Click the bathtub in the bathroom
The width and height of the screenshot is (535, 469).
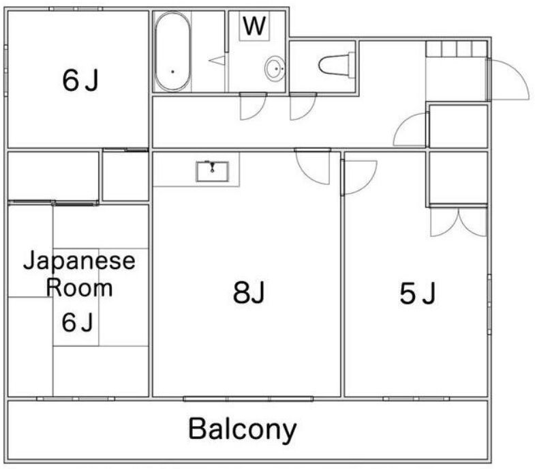(x=172, y=52)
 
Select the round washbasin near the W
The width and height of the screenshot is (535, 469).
(x=275, y=69)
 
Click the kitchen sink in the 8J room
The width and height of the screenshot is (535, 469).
(x=213, y=170)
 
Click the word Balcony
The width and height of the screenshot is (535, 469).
(x=243, y=429)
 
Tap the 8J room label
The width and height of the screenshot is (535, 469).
(x=248, y=294)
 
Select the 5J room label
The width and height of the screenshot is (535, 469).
(x=417, y=294)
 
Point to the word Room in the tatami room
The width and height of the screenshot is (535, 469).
(x=79, y=287)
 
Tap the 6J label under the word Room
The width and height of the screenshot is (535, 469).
(x=77, y=322)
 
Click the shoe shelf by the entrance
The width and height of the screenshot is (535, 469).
(x=456, y=49)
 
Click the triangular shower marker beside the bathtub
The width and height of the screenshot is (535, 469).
(x=217, y=60)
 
